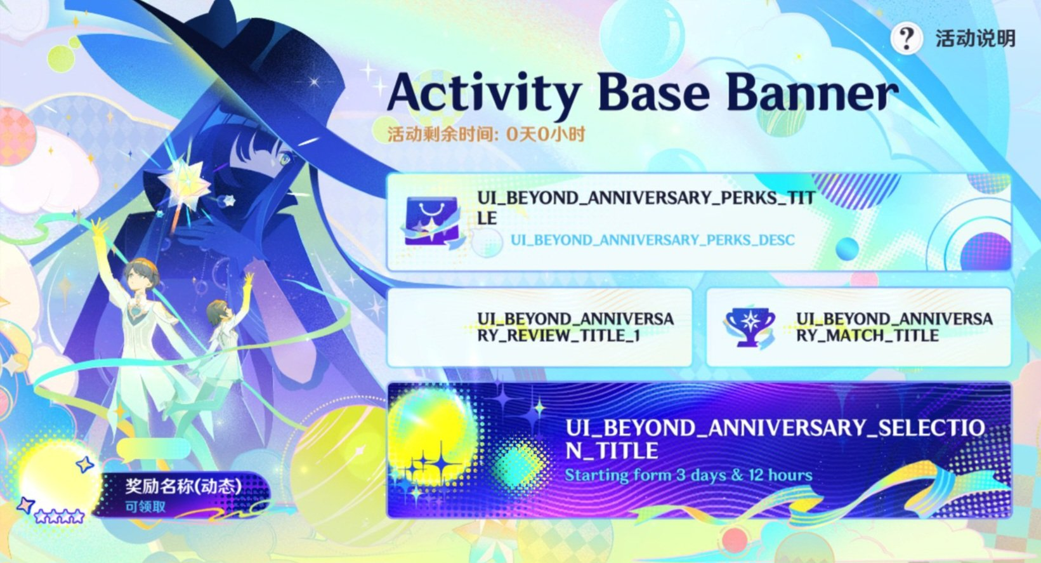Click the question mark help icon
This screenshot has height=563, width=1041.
(x=907, y=39)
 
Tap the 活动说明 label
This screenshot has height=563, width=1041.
(x=975, y=39)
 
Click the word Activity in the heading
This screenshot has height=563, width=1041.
(x=484, y=93)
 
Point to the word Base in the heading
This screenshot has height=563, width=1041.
(x=653, y=93)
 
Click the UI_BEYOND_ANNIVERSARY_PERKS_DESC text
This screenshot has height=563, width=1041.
(x=653, y=240)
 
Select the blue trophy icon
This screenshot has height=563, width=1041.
(x=750, y=328)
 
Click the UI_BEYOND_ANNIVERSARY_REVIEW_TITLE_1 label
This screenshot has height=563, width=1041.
(x=575, y=328)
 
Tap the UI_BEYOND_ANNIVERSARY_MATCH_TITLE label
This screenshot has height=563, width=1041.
(x=894, y=328)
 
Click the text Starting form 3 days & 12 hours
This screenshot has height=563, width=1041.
(x=688, y=475)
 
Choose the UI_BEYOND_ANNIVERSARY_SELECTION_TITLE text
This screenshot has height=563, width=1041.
(x=775, y=439)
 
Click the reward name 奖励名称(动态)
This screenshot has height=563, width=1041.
(x=183, y=486)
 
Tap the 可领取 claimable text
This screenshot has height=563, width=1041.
(x=145, y=507)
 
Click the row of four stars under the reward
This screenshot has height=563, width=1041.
(x=60, y=516)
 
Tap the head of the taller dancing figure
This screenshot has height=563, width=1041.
(x=142, y=276)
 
